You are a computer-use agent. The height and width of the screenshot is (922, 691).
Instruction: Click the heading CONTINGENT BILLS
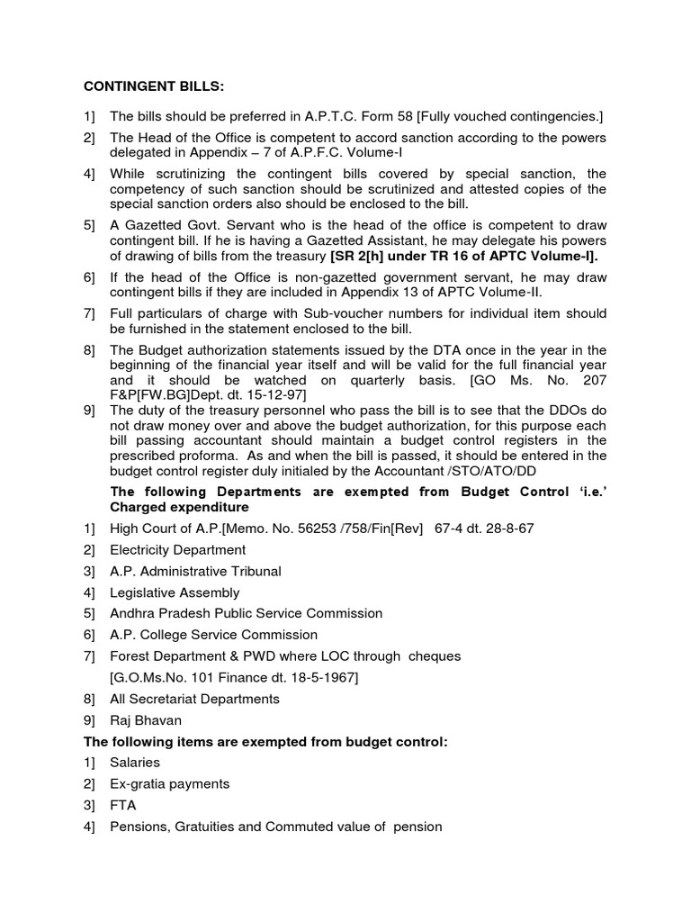pyautogui.click(x=154, y=86)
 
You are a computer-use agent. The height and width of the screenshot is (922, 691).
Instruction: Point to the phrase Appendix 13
pyautogui.click(x=422, y=292)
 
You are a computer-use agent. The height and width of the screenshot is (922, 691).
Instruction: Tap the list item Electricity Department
pyautogui.click(x=177, y=549)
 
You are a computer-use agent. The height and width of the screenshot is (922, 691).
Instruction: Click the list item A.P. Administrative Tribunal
pyautogui.click(x=195, y=571)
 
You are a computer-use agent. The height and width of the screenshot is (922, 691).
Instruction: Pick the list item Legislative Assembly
pyautogui.click(x=175, y=592)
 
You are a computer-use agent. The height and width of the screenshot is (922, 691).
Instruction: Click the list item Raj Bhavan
pyautogui.click(x=145, y=719)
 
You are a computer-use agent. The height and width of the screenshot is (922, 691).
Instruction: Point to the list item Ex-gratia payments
pyautogui.click(x=169, y=783)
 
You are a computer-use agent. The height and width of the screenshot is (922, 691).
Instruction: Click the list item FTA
pyautogui.click(x=123, y=805)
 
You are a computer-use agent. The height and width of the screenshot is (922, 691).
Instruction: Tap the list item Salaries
pyautogui.click(x=135, y=762)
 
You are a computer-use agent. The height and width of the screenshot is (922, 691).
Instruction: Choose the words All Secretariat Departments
pyautogui.click(x=194, y=699)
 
